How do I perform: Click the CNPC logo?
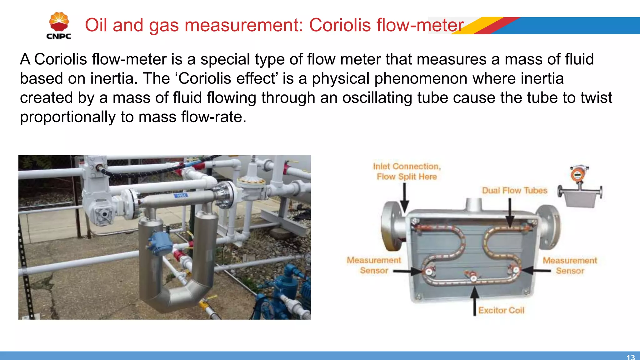pos(59,26)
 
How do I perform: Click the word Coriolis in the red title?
pos(340,25)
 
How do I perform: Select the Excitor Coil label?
pos(501,310)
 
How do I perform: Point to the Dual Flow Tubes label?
pos(515,190)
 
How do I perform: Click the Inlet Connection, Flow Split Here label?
pos(407,171)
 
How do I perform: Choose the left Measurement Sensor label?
pos(374,265)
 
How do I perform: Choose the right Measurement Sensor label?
pos(570,266)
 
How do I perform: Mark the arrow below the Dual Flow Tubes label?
pos(510,212)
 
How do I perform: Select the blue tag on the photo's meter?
pos(181,196)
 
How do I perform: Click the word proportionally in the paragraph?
pos(68,117)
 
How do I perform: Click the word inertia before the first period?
pos(114,78)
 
